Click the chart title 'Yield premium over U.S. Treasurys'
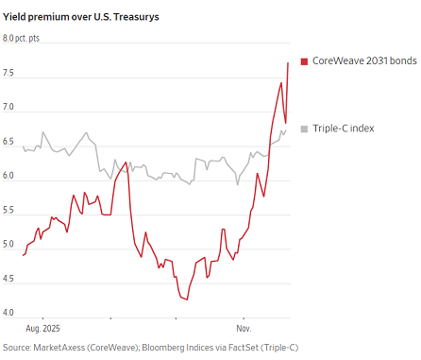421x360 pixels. click(81, 17)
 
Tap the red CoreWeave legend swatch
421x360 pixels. click(304, 61)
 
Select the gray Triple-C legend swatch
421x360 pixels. click(304, 129)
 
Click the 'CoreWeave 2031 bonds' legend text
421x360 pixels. click(364, 60)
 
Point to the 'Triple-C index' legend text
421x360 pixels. click(343, 129)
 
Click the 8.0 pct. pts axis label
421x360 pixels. click(21, 39)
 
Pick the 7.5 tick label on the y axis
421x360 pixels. click(8, 73)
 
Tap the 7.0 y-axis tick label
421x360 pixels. click(8, 107)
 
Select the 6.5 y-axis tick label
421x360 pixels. click(8, 142)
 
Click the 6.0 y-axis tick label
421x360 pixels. click(8, 176)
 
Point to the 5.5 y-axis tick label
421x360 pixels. click(8, 210)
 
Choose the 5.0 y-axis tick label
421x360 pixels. click(8, 245)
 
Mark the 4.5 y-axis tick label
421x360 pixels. click(8, 279)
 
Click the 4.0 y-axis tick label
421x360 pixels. click(8, 313)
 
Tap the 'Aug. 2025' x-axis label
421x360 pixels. click(42, 329)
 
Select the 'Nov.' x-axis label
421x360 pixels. click(244, 329)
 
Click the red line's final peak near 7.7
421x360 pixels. click(288, 63)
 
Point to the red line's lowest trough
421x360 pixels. click(187, 300)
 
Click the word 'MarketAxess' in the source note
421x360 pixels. click(59, 348)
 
